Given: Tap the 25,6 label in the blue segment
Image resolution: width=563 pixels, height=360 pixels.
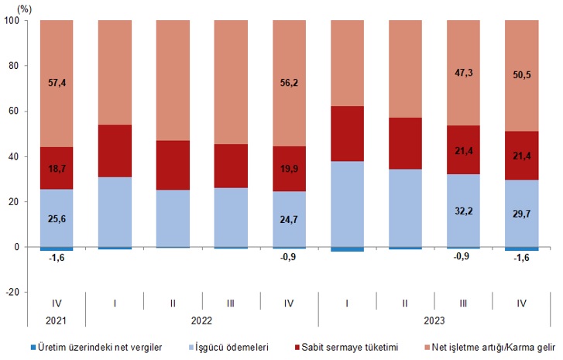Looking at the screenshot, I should [57, 220].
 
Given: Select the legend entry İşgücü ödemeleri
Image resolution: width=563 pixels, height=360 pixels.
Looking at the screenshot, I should [230, 348].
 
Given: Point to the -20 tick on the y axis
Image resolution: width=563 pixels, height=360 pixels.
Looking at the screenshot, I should [15, 292].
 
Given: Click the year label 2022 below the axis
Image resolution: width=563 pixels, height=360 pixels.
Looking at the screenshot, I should [201, 318].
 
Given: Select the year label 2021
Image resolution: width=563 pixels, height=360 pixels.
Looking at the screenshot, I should [57, 318].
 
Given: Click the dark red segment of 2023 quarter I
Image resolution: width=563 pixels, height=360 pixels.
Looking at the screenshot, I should [347, 133].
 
